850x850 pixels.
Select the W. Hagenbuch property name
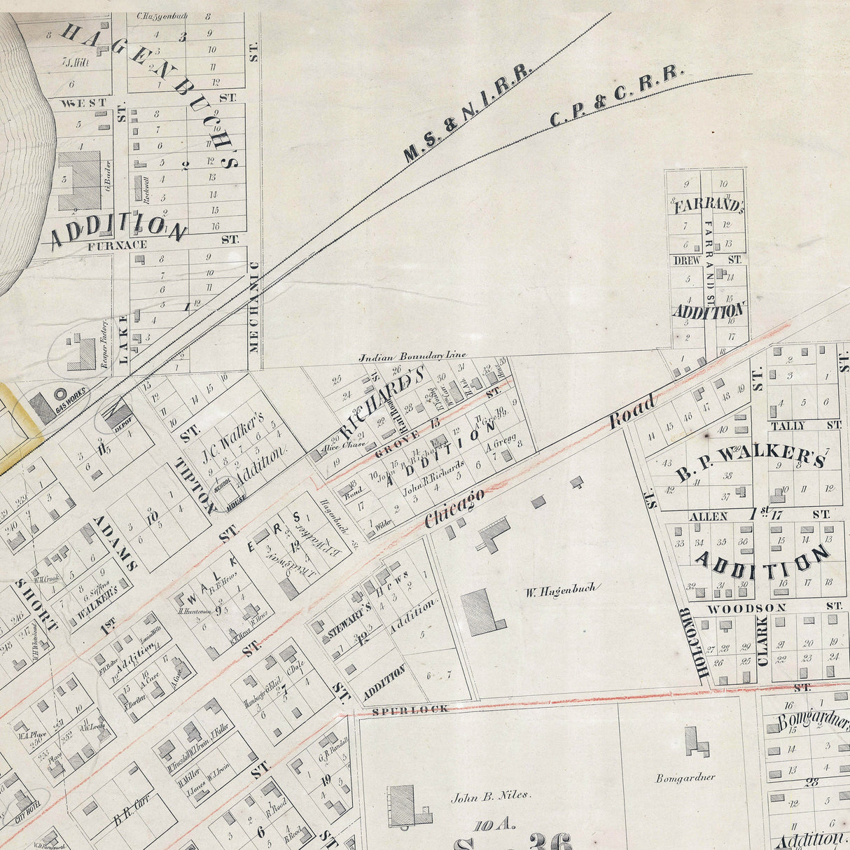[561, 589]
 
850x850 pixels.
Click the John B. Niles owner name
[492, 795]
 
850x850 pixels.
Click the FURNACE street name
[118, 245]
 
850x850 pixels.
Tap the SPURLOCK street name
[400, 709]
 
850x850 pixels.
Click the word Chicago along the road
[454, 508]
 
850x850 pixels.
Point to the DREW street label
[688, 259]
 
